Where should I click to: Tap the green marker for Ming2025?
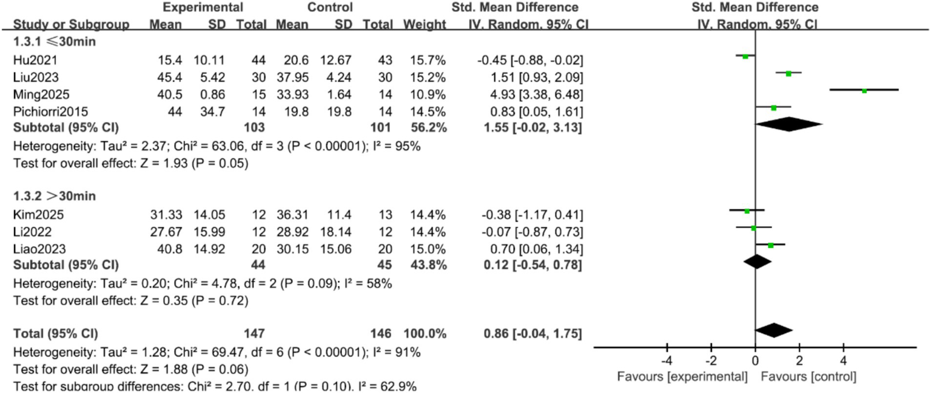point(864,90)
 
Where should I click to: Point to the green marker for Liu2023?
point(788,73)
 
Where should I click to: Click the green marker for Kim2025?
point(747,211)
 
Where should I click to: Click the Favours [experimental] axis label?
point(682,376)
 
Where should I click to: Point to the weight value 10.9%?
point(428,95)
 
